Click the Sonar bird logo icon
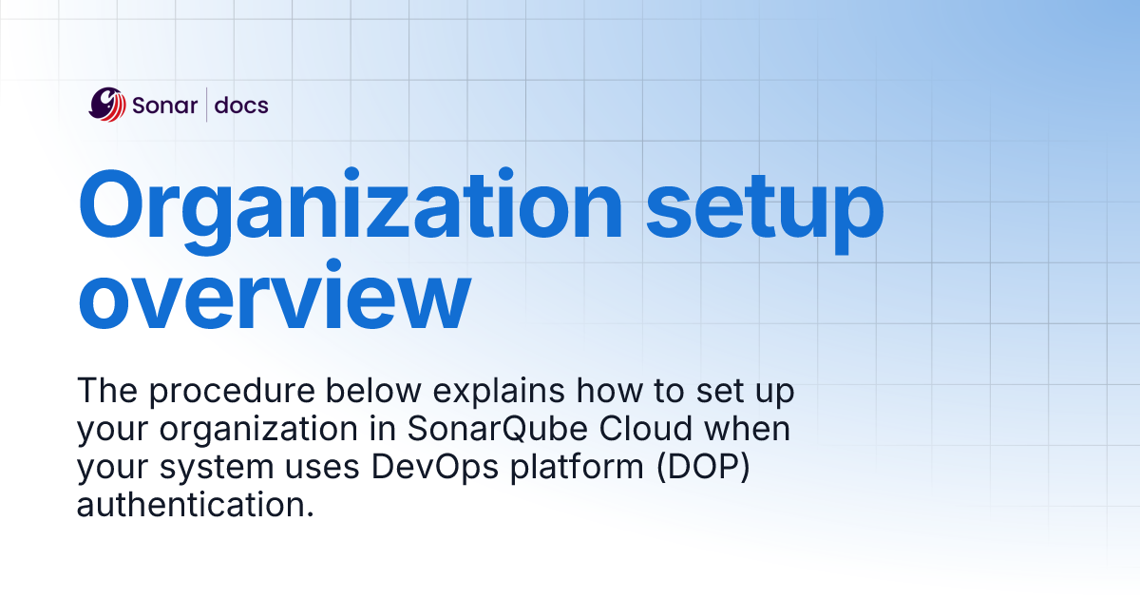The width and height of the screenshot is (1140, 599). [x=107, y=105]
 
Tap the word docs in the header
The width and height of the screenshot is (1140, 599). [x=241, y=106]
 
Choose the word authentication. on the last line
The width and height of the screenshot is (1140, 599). [x=195, y=505]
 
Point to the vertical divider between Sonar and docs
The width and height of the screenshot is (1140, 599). [x=206, y=105]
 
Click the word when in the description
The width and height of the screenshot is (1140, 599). [x=750, y=429]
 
